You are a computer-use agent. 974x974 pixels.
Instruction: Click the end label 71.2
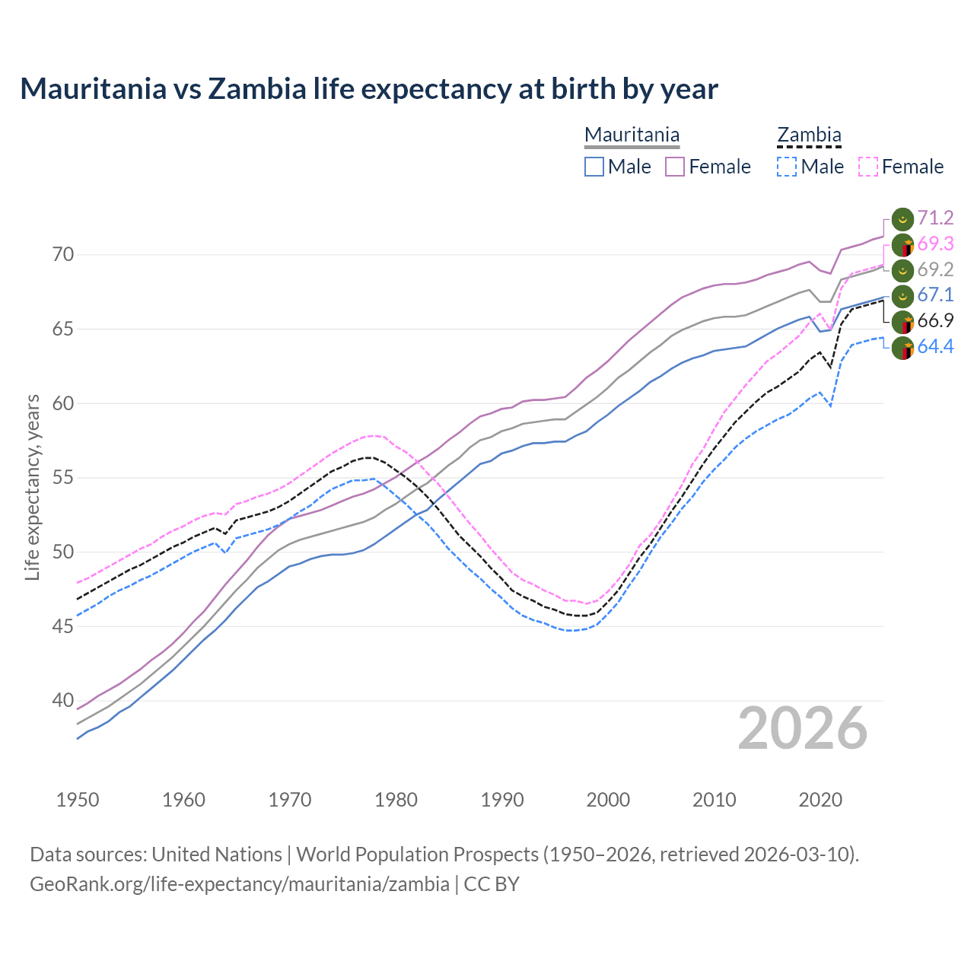tap(935, 218)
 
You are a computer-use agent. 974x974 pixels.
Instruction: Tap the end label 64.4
tap(935, 347)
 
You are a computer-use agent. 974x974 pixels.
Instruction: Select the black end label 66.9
tap(935, 321)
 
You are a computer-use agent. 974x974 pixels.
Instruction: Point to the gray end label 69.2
tap(935, 269)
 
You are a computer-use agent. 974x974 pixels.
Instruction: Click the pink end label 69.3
tap(935, 244)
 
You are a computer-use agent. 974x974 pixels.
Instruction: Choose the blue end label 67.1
tap(935, 295)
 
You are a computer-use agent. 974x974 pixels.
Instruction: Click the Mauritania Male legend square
tap(594, 167)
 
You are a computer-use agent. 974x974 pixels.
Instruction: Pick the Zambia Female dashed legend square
tap(868, 167)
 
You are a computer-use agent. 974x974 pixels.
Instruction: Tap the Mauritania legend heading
tap(632, 135)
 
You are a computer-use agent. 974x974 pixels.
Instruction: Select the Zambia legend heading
tap(809, 135)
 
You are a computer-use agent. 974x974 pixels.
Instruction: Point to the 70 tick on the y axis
tap(63, 255)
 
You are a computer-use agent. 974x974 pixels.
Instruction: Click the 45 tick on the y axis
tap(63, 627)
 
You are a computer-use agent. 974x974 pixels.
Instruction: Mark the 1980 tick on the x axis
tap(396, 800)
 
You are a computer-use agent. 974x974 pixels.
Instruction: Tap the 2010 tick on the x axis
tap(714, 800)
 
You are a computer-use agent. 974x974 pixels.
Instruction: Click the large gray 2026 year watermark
tap(802, 729)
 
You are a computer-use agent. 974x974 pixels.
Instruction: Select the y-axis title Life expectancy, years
tap(33, 487)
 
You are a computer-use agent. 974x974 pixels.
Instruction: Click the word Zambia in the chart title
tap(256, 89)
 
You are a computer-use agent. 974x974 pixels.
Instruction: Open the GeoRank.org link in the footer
tap(240, 884)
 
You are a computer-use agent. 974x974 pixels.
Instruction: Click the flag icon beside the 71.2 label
tap(902, 219)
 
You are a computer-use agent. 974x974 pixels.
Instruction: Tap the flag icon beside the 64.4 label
tap(902, 349)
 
